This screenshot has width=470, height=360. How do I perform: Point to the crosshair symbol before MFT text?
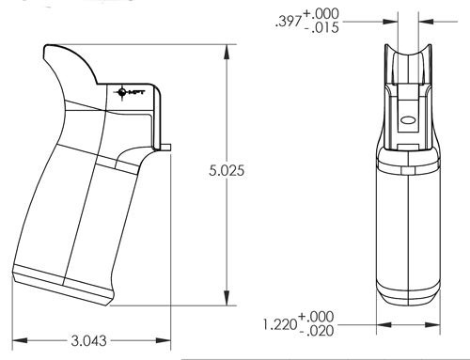point(121,91)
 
